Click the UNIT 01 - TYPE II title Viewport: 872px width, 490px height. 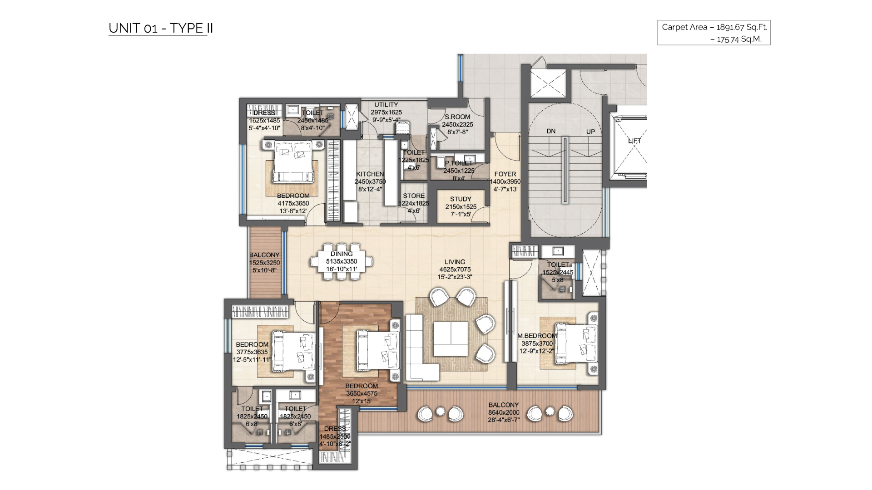161,28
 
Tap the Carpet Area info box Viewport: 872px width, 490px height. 713,33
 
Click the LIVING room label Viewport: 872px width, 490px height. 455,262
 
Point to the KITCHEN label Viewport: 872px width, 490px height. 370,174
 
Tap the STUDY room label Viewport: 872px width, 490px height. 461,199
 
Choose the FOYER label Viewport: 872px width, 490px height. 505,174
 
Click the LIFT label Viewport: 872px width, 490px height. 634,141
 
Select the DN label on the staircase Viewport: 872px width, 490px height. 551,132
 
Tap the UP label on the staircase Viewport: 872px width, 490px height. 590,132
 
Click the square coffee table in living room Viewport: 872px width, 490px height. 451,339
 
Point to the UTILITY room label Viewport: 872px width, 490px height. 386,105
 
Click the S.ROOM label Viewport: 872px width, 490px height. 457,117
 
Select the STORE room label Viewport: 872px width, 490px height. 414,196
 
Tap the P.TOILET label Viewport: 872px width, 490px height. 459,163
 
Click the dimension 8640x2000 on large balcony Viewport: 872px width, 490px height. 504,412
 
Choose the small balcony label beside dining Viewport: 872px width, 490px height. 264,255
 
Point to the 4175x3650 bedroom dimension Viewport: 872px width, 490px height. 293,203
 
